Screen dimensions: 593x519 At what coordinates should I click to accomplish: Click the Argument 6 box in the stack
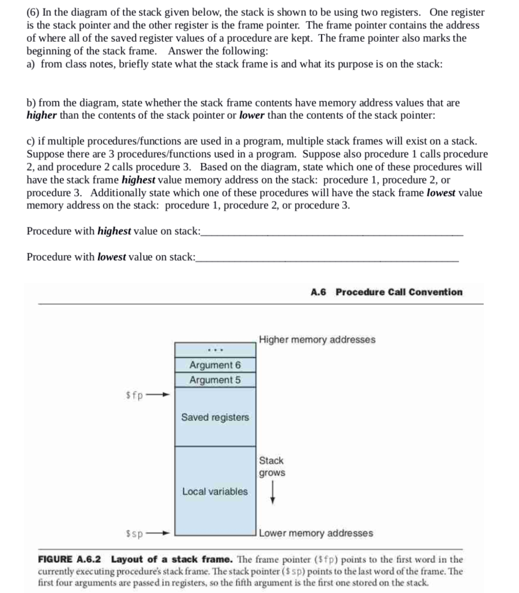[x=215, y=365]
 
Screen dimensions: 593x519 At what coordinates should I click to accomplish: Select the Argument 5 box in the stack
[x=215, y=380]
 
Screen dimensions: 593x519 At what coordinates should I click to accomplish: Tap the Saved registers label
[x=215, y=417]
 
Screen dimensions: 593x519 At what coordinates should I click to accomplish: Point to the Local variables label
[x=215, y=491]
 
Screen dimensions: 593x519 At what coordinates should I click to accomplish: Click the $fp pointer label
[x=134, y=396]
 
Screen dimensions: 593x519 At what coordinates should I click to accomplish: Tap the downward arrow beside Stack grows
[x=272, y=495]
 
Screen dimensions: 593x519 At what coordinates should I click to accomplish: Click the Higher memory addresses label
[x=317, y=339]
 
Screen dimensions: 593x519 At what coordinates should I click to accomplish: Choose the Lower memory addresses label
[x=316, y=533]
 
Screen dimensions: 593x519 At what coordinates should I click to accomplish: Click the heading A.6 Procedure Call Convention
[x=386, y=292]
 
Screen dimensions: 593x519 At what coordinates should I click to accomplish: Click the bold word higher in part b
[x=42, y=115]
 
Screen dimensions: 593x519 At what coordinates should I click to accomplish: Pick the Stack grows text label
[x=272, y=467]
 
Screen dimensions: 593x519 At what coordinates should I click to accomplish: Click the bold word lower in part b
[x=252, y=115]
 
